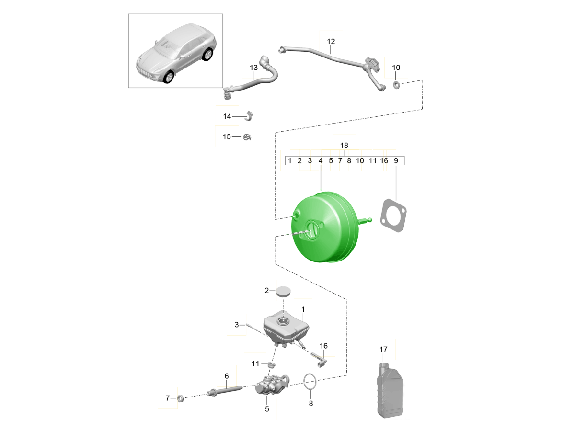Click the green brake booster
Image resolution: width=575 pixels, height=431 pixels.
click(323, 227)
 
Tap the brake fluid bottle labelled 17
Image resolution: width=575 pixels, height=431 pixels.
click(390, 390)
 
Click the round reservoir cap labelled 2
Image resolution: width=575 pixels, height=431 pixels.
click(283, 291)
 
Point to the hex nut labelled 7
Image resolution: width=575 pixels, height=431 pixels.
click(180, 399)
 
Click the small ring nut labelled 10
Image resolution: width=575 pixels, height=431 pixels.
click(397, 85)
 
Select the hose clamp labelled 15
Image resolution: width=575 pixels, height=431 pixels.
click(247, 137)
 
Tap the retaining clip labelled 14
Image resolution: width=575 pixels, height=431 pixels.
click(249, 116)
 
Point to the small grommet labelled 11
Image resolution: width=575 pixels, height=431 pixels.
click(272, 364)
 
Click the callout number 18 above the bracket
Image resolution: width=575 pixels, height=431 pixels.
click(344, 145)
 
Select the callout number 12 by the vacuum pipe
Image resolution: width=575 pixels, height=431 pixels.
click(331, 41)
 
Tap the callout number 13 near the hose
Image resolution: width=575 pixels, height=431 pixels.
click(253, 68)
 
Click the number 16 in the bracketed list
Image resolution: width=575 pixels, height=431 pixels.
click(384, 161)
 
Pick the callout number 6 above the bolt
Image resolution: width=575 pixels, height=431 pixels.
click(227, 376)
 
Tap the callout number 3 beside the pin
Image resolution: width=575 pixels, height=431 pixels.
click(237, 325)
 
